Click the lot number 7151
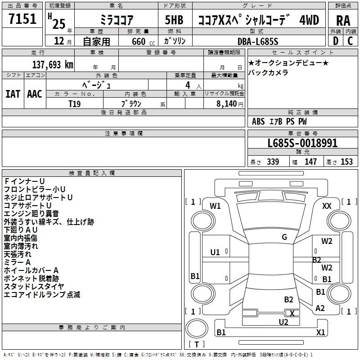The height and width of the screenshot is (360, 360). pos(22,19)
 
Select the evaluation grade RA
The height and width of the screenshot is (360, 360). pos(343,21)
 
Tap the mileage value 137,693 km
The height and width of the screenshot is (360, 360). pos(53,65)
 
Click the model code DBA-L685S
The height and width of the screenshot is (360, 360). pos(258,41)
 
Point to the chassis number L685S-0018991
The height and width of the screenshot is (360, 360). pos(302,143)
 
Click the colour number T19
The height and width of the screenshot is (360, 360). pos(74,104)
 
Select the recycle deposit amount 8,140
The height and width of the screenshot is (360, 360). pos(226,104)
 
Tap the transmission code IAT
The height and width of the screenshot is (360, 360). pos(13,94)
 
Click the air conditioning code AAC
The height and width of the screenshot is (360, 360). pos(35,94)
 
